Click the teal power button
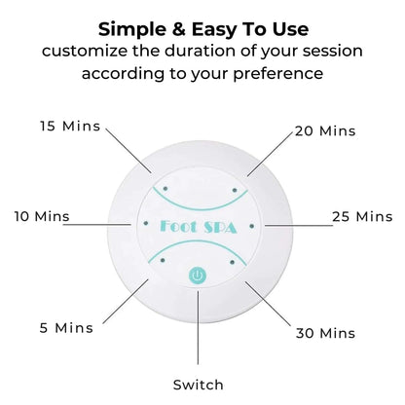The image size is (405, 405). coord(198,276)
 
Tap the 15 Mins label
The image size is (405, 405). coord(70,126)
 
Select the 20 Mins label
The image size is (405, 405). coord(325,131)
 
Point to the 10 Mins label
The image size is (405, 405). coord(42,216)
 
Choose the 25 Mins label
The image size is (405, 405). coord(362,216)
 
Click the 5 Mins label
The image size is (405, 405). coord(66,328)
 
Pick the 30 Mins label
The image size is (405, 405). coord(325,333)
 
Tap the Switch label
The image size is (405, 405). coord(198,385)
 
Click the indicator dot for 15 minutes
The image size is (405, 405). coord(166,189)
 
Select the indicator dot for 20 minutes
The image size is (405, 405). coord(235,190)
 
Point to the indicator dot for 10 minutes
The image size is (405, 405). coord(146,223)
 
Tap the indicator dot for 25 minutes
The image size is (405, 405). coord(252,226)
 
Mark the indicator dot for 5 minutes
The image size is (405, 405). coord(163,260)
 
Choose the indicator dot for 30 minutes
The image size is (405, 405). coord(232,262)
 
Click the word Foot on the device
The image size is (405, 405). coord(178,226)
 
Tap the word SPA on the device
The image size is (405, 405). coord(220,228)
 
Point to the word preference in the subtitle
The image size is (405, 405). coord(278,74)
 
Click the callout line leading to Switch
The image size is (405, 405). coord(198,328)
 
